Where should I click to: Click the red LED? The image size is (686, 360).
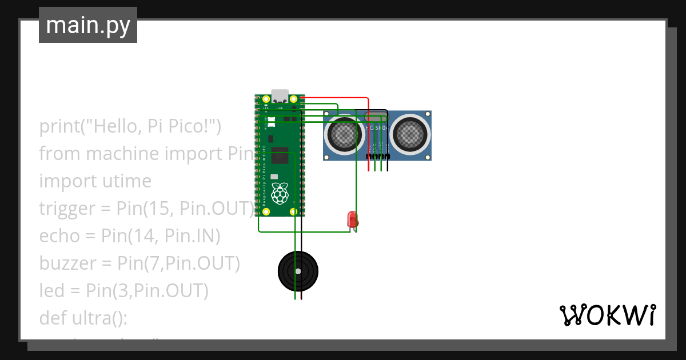352,219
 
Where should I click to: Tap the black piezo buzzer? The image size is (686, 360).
297,271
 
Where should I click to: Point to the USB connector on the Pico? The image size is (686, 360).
280,96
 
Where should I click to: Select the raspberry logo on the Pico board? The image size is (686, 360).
280,193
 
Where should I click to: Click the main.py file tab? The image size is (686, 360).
88,25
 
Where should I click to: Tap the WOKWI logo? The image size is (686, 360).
607,315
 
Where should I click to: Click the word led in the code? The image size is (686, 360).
52,291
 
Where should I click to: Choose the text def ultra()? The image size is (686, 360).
83,318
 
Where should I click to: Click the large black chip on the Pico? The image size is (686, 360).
280,154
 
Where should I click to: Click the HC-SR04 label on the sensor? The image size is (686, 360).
377,128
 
